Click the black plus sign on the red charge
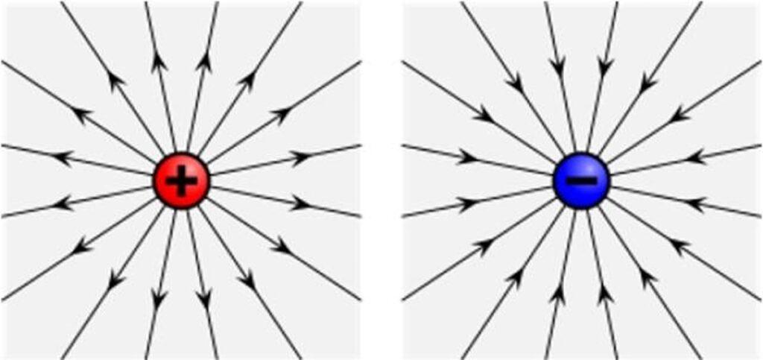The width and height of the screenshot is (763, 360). (181, 180)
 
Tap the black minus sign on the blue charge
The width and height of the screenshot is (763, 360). (581, 180)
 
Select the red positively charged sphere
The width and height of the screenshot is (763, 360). (181, 180)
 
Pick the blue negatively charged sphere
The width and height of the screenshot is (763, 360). (581, 180)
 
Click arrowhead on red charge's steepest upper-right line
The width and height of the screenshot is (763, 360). (203, 64)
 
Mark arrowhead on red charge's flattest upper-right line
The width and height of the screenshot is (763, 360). (300, 157)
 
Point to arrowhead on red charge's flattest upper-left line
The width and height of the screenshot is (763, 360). (64, 157)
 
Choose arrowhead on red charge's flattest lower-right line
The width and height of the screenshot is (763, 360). (300, 203)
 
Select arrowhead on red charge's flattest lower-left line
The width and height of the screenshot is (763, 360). (64, 203)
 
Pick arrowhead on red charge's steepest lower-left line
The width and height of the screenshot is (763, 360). (158, 298)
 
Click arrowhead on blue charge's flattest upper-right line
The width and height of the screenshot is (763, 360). (694, 158)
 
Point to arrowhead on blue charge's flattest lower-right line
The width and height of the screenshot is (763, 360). (694, 203)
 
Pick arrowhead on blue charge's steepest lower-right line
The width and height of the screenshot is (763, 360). (605, 294)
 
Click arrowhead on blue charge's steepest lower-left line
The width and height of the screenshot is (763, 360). (558, 294)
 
